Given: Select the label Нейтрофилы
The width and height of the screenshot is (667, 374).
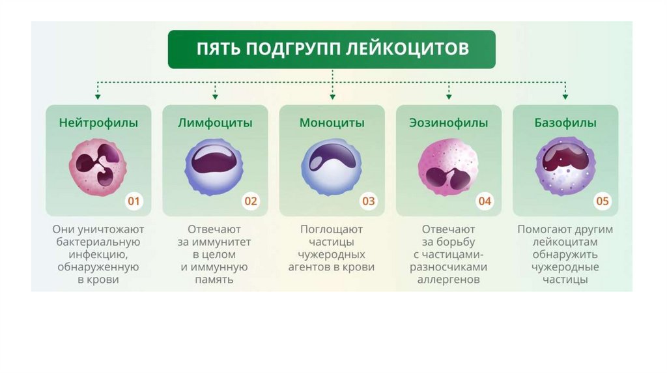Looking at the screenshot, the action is click(98, 122).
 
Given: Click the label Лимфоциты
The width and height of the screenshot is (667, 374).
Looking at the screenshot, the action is click(215, 122).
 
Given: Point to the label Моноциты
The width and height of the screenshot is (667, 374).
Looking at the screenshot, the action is click(332, 122).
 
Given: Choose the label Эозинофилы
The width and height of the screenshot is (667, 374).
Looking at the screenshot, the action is click(449, 122).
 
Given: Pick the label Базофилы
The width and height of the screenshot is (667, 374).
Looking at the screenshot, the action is click(565, 122).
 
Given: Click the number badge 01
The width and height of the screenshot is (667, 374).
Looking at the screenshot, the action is click(134, 201).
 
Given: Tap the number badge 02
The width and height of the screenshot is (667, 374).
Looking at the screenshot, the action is click(251, 201).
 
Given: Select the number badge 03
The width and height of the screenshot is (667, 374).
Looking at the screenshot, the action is click(369, 201).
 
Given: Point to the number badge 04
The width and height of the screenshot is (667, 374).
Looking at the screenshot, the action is click(485, 201).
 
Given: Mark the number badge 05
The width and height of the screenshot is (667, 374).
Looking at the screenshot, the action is click(603, 201).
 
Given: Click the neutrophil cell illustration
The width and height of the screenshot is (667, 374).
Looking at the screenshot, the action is click(97, 165).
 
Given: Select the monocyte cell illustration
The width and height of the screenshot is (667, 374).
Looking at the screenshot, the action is click(331, 165).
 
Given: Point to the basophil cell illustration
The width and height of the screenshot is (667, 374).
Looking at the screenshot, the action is click(565, 165).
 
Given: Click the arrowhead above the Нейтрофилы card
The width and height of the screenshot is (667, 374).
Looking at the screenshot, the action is click(98, 96).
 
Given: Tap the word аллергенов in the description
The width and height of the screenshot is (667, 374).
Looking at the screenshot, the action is click(449, 280).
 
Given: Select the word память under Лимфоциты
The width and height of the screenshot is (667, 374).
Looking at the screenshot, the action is click(214, 280).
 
